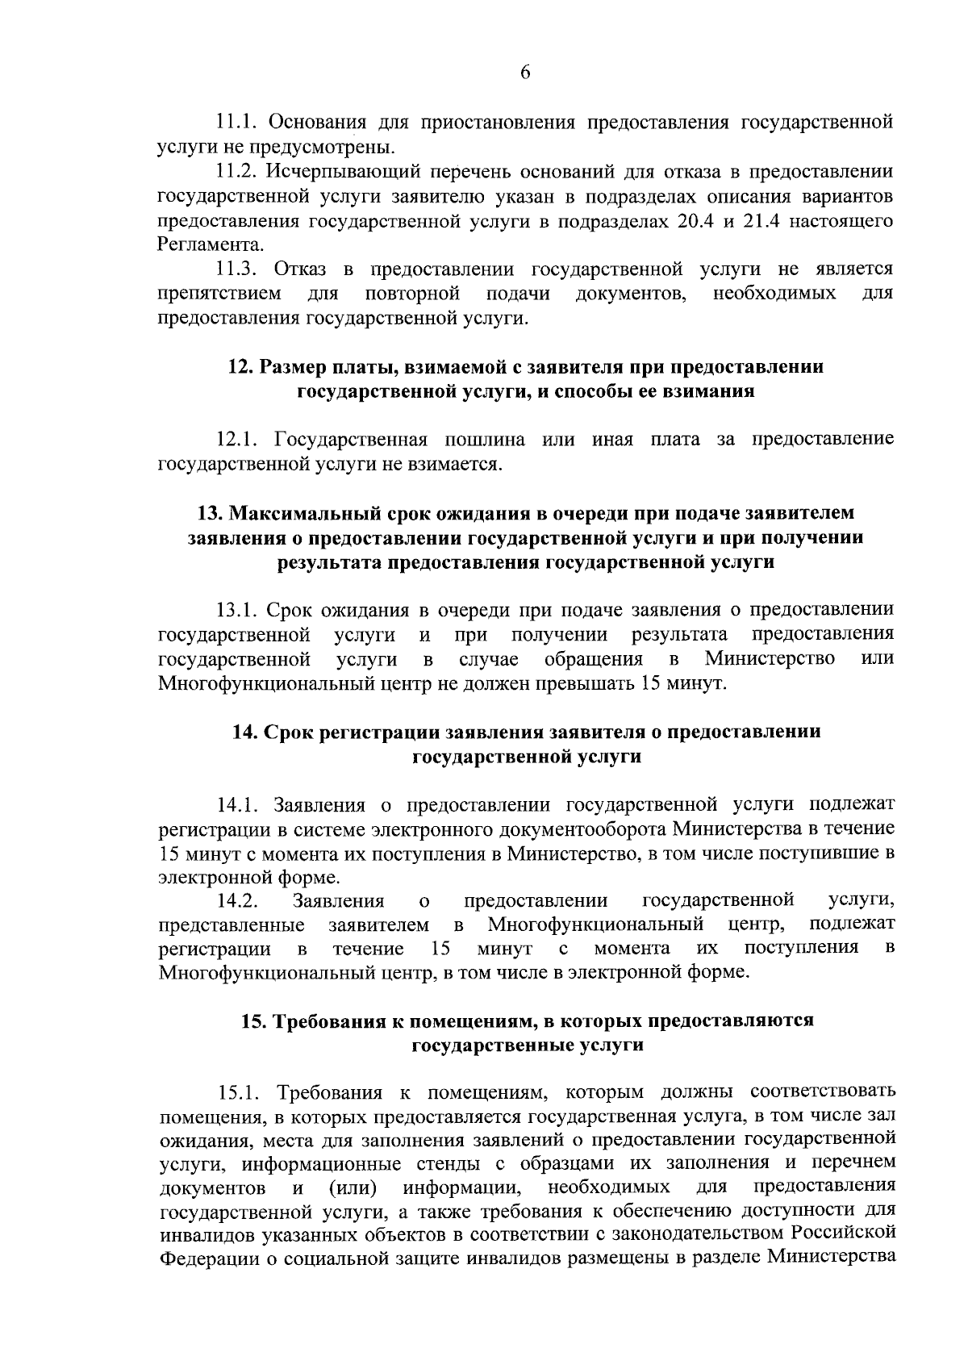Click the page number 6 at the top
pos(525,73)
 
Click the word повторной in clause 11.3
pos(412,293)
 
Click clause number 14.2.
pos(237,901)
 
